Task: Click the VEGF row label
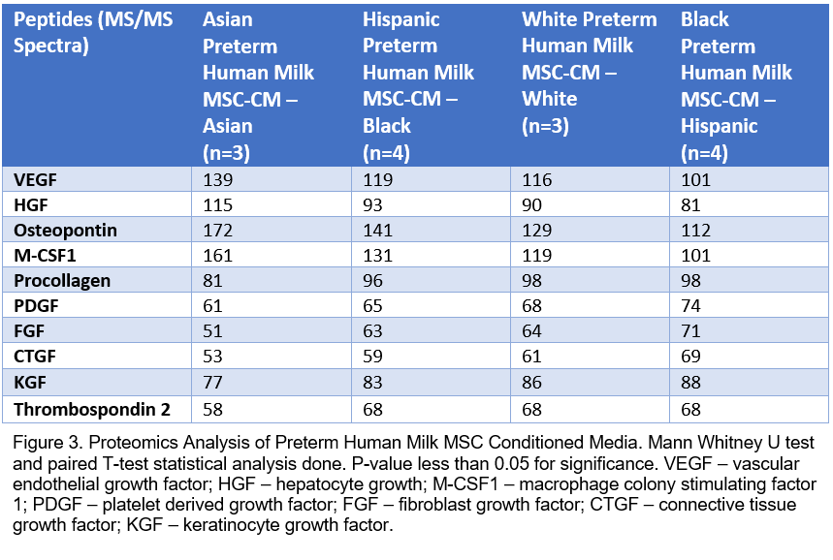point(35,180)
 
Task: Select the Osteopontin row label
point(65,231)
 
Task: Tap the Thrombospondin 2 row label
point(92,409)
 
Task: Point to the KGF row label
point(30,382)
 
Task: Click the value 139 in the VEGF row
point(218,180)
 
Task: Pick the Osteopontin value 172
point(218,231)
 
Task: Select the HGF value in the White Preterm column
point(531,204)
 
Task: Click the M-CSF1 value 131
point(378,256)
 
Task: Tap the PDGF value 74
point(690,306)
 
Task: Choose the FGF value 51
point(212,330)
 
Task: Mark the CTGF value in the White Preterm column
point(531,356)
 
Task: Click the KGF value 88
point(690,382)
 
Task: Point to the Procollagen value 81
point(212,280)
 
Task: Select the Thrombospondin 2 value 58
point(212,409)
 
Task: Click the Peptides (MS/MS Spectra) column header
point(93,32)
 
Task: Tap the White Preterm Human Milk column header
point(590,73)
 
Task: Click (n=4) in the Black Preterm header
point(704,153)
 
